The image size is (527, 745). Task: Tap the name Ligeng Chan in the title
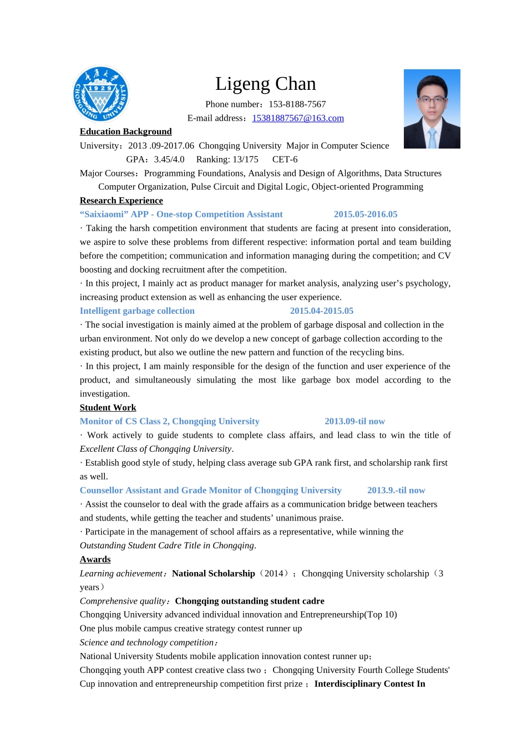coord(265,84)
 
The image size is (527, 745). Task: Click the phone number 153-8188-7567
coord(297,104)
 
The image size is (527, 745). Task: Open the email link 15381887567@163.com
coord(298,118)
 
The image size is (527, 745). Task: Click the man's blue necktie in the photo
coord(432,138)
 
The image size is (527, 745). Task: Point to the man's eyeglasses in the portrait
coord(432,100)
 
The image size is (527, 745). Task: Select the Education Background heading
coord(125,131)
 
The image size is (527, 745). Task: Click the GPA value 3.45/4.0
coord(169,160)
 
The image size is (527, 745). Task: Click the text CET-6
coord(285,160)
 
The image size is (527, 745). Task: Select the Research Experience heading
coord(121,201)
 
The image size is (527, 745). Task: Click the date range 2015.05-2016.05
coord(366,215)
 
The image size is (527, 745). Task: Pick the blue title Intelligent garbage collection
coord(137,311)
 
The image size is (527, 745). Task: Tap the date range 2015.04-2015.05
coord(322,311)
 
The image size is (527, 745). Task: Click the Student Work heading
coord(108,407)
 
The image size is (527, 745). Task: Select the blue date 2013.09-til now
coord(354,421)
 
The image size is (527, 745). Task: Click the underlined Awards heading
coord(95,559)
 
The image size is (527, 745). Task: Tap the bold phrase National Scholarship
coord(214,573)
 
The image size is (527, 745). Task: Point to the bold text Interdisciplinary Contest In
coord(369,683)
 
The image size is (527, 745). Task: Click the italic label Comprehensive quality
coord(123,601)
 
